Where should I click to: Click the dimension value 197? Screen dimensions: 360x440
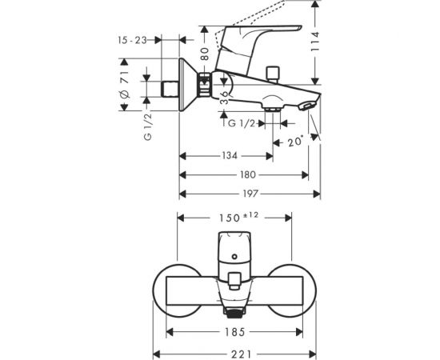250,194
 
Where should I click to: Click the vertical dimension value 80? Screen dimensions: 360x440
204,57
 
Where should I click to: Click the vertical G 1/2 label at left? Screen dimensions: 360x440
147,126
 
